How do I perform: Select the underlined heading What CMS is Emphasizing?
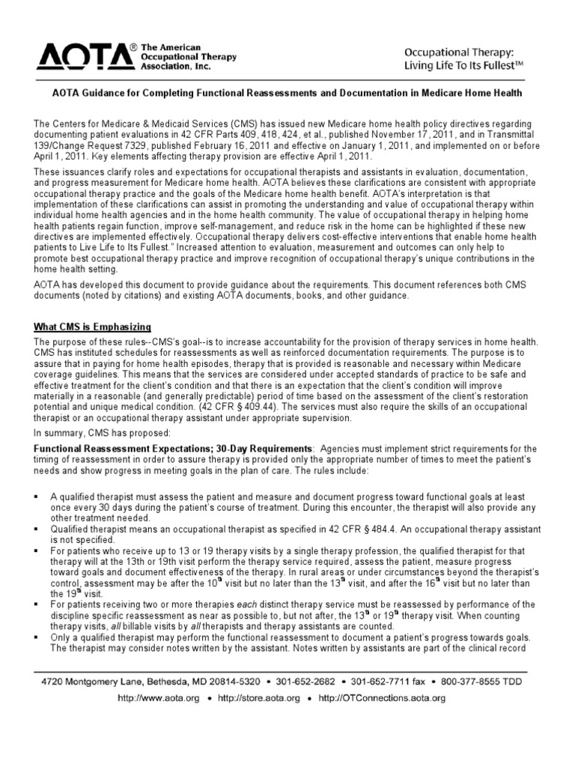(x=93, y=327)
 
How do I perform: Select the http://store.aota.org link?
(x=258, y=698)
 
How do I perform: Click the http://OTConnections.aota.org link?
(x=382, y=698)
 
